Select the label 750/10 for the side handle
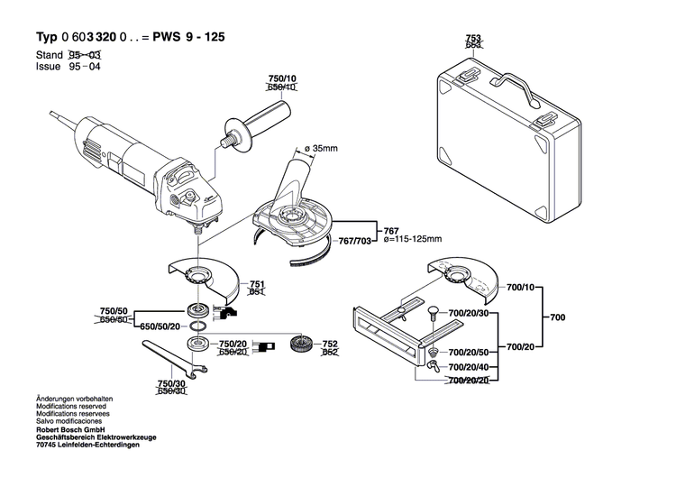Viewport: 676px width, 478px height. click(281, 79)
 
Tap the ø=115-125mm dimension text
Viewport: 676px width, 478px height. click(414, 240)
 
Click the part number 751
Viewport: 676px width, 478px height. click(256, 283)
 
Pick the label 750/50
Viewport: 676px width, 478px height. click(113, 312)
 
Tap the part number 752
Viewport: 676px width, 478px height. click(330, 345)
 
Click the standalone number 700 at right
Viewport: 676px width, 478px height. click(559, 317)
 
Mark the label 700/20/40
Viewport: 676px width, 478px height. click(470, 367)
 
